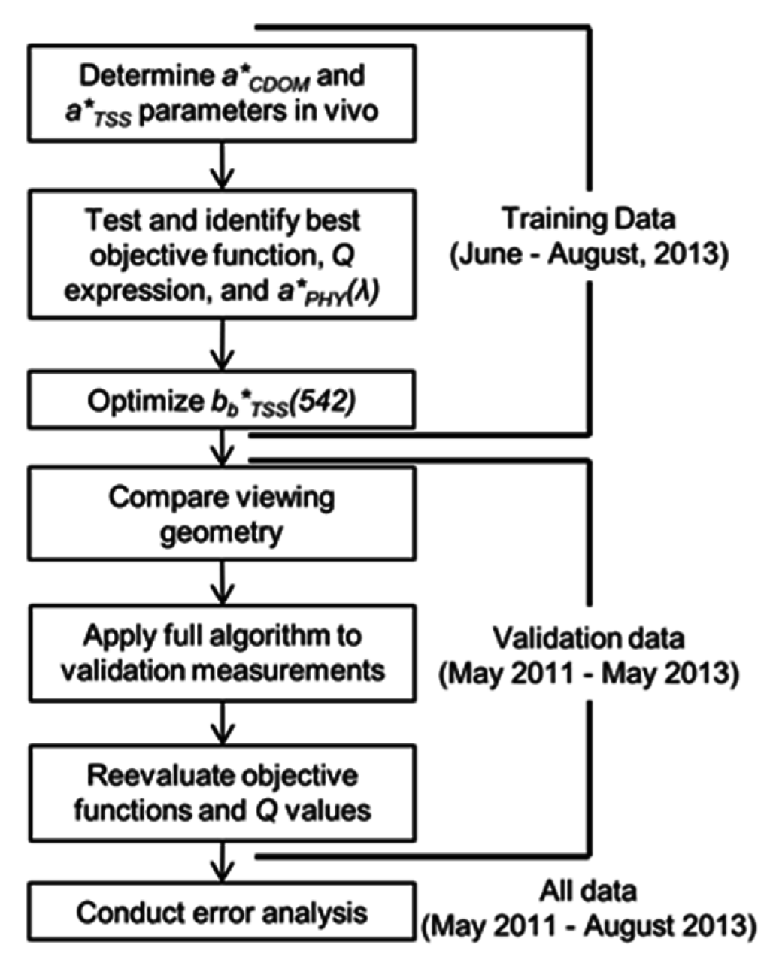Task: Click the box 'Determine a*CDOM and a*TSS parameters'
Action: [x=222, y=93]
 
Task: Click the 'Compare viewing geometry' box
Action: [x=222, y=513]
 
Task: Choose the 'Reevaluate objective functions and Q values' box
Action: [x=222, y=793]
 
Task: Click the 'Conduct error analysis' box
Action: [x=222, y=912]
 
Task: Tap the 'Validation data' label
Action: [x=588, y=638]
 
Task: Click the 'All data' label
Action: [x=588, y=891]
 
